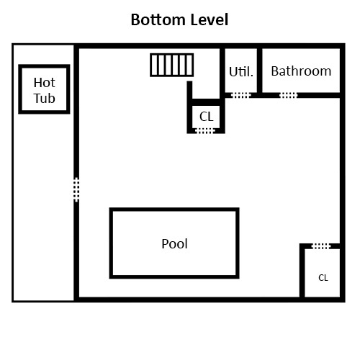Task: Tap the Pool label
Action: (174, 243)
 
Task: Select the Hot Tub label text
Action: (45, 91)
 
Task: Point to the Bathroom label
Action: (301, 71)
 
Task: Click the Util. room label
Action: (240, 72)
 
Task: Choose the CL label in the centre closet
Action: (207, 115)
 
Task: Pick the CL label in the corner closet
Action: (323, 277)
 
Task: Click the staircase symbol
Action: (172, 65)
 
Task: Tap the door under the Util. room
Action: (240, 95)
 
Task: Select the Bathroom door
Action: (288, 95)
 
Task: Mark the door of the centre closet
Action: (205, 131)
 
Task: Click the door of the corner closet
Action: (321, 246)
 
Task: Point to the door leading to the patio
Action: (76, 189)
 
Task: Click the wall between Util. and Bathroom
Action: (259, 71)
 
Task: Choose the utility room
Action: (240, 81)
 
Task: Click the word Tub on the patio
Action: (45, 99)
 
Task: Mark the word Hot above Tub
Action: (45, 83)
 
